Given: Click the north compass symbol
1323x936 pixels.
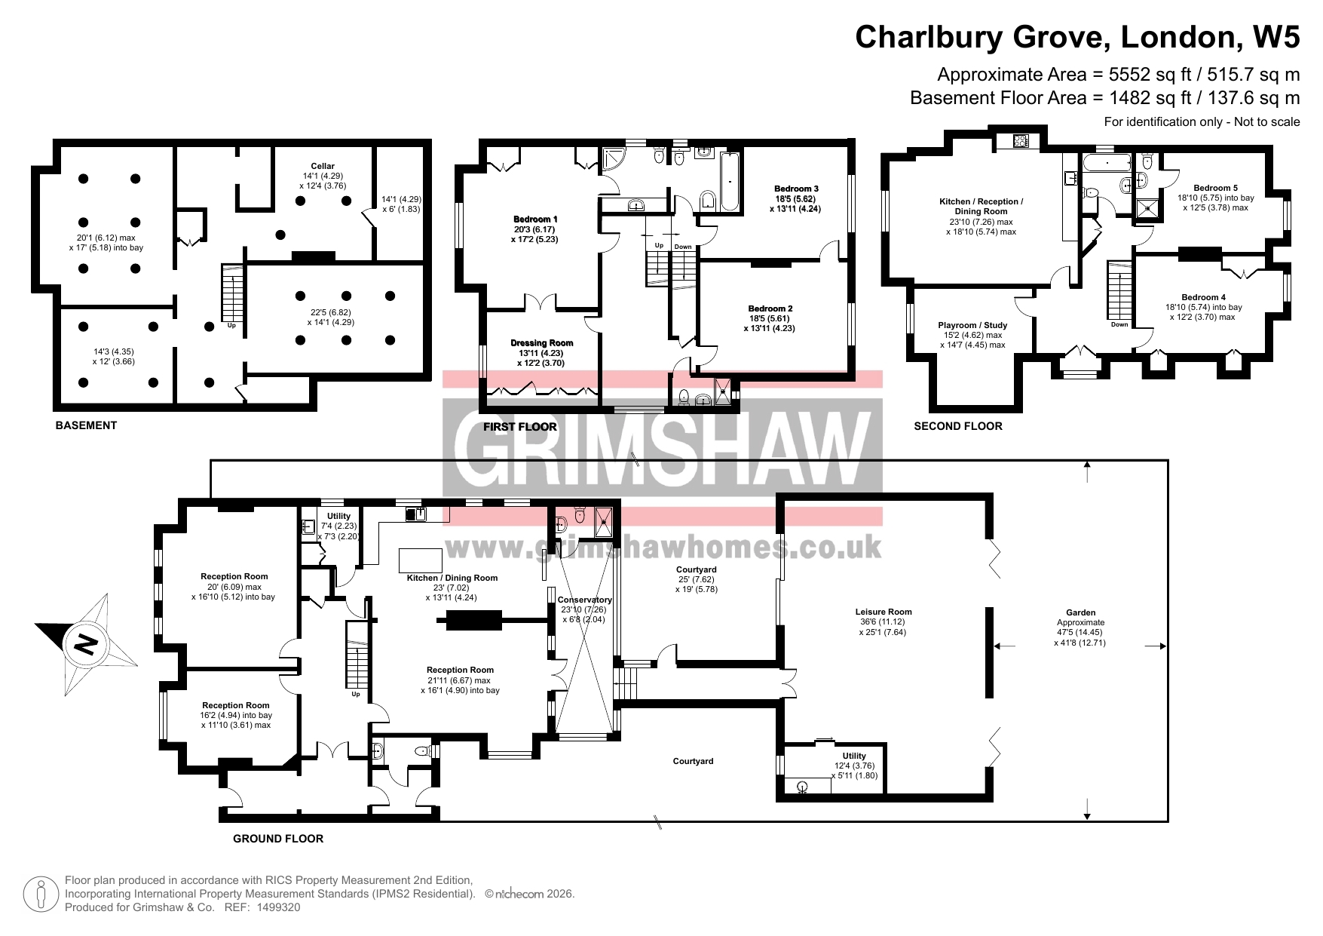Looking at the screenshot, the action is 86,646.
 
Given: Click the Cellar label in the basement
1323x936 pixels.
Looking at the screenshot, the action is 323,166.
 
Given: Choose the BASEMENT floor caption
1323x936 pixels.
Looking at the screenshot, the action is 86,425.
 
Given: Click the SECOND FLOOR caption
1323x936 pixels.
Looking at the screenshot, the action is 957,426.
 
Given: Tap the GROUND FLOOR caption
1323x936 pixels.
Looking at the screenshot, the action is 277,839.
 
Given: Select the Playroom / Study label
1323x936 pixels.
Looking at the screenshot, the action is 972,325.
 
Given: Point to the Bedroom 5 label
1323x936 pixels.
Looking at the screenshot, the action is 1215,188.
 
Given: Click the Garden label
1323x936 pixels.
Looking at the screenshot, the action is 1080,612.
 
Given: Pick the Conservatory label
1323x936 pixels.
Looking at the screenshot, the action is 584,600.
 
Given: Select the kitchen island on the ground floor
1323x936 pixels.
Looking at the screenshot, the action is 420,560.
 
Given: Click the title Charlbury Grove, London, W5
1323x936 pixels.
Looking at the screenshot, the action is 1077,37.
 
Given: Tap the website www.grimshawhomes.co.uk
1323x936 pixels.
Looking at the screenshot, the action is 663,545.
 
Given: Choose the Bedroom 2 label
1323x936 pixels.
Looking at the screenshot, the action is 770,308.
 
